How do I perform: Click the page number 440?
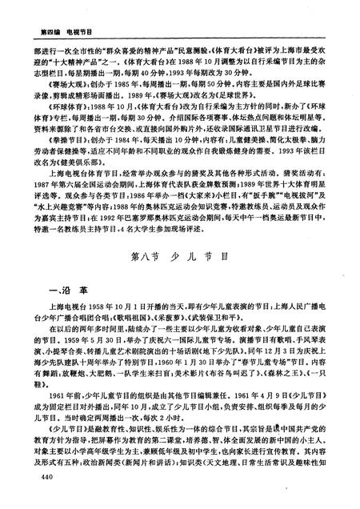pos(34,478)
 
